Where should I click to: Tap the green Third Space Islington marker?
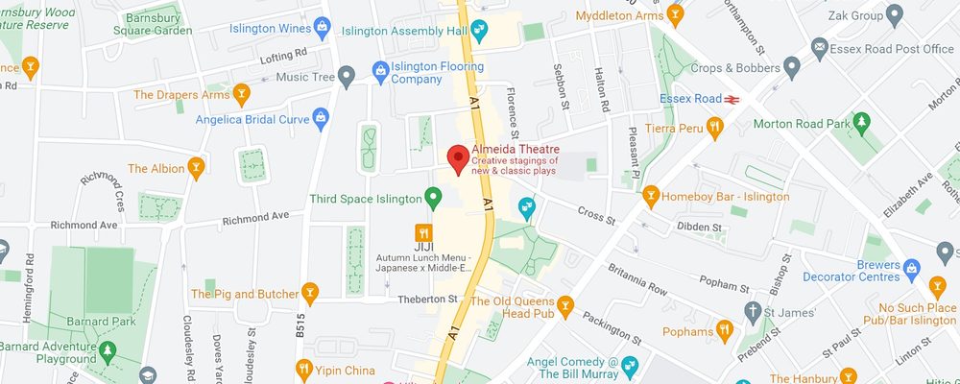(x=433, y=199)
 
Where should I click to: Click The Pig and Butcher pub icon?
(x=309, y=292)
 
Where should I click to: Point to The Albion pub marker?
(x=197, y=168)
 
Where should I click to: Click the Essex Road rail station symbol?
(x=732, y=98)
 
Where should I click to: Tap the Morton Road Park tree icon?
(x=862, y=123)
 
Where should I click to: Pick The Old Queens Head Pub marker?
(x=565, y=305)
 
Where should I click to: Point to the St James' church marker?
(x=753, y=311)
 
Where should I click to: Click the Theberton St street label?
(x=427, y=300)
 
